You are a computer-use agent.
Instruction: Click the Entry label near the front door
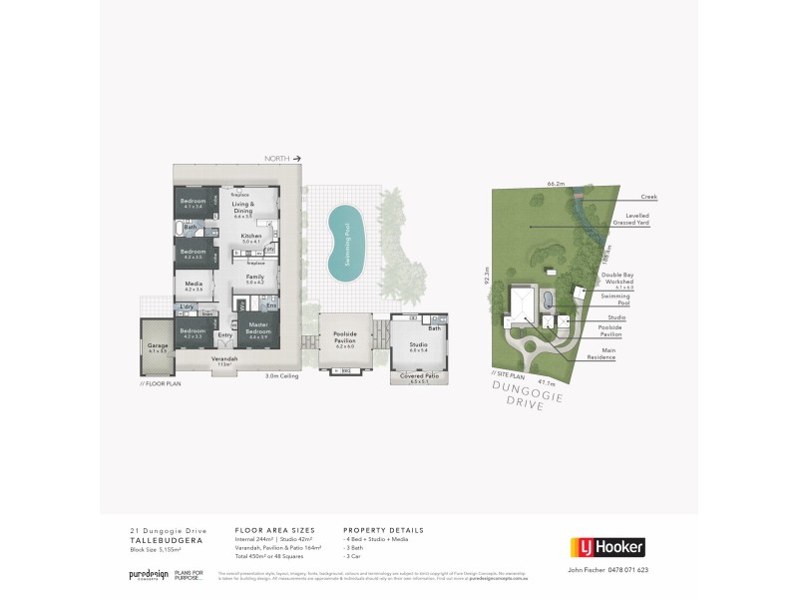(224, 334)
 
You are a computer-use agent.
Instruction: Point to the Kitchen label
(250, 237)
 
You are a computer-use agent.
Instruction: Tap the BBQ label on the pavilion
(345, 370)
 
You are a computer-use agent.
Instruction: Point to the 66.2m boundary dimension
(557, 184)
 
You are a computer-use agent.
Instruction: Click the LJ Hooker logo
(605, 546)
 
